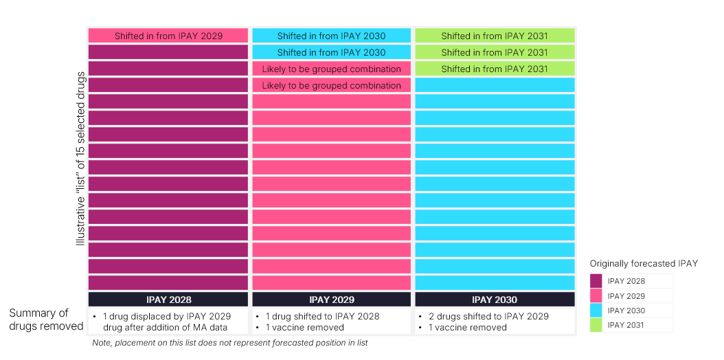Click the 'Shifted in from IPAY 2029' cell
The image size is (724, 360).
(168, 36)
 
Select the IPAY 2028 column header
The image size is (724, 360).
(168, 300)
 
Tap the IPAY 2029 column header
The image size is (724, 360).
(332, 300)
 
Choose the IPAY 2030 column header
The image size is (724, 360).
(495, 300)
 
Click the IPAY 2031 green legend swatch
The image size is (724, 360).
(596, 325)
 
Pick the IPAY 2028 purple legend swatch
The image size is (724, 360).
(596, 281)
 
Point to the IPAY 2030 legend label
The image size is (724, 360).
(626, 311)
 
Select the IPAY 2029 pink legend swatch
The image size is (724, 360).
(596, 296)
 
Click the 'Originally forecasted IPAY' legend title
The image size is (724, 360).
(644, 264)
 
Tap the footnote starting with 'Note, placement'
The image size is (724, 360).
(230, 343)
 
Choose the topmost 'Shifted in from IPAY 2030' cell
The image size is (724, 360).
(332, 36)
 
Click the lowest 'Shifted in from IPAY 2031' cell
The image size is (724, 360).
(495, 69)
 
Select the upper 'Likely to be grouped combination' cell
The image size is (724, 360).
(332, 69)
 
